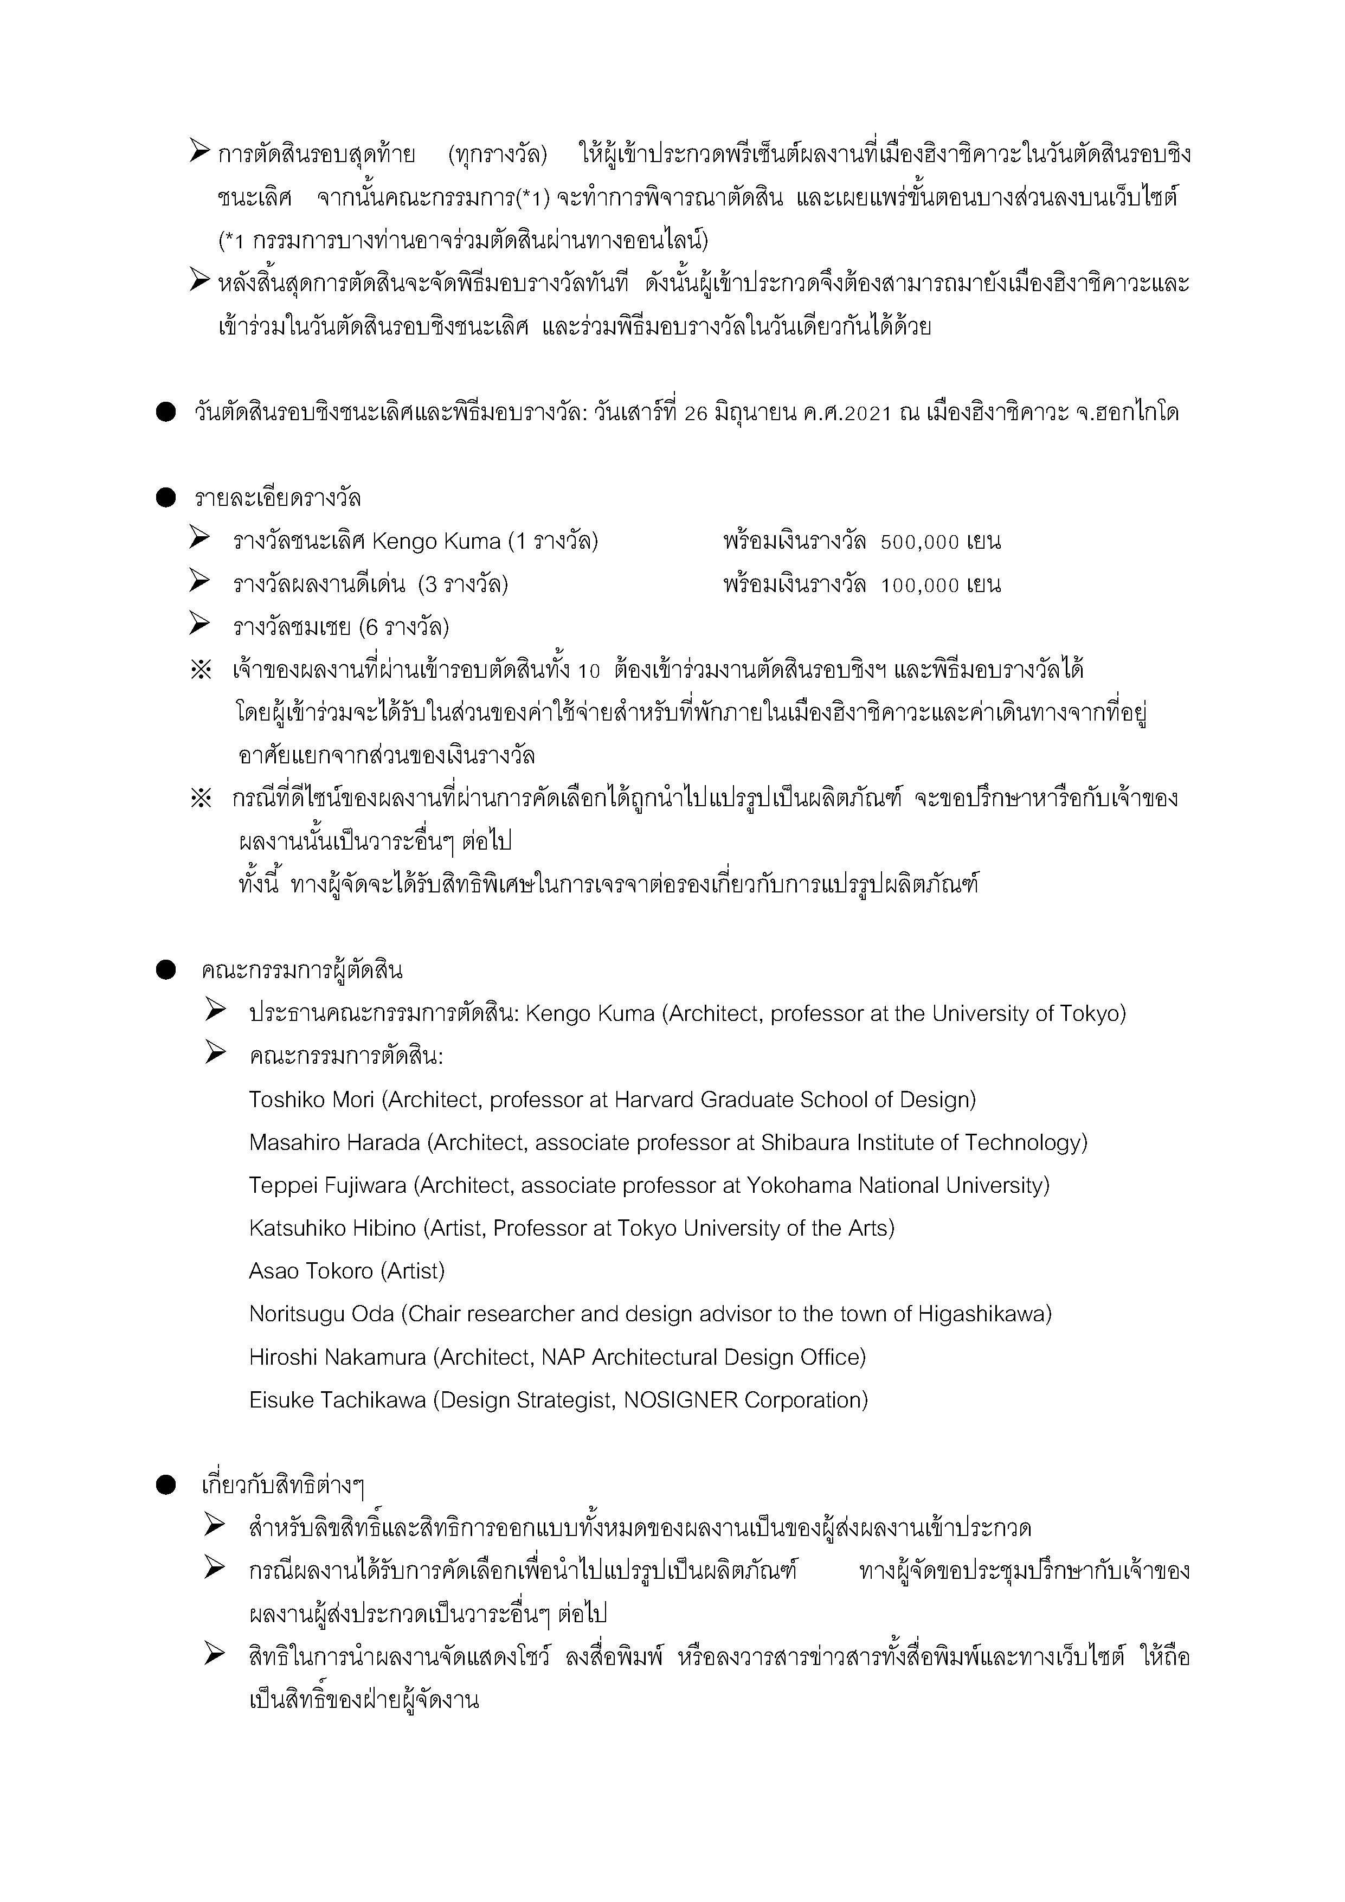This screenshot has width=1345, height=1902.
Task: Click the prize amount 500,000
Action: pos(919,543)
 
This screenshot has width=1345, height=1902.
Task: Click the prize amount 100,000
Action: pos(919,586)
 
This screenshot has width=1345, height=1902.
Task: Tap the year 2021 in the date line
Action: pos(869,413)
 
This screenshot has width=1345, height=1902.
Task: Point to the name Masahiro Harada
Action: pos(334,1143)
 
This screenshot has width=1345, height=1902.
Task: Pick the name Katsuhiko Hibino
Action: pos(332,1229)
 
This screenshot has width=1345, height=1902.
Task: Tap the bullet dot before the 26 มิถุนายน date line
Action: pos(166,413)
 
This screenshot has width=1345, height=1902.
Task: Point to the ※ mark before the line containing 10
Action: pos(201,670)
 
